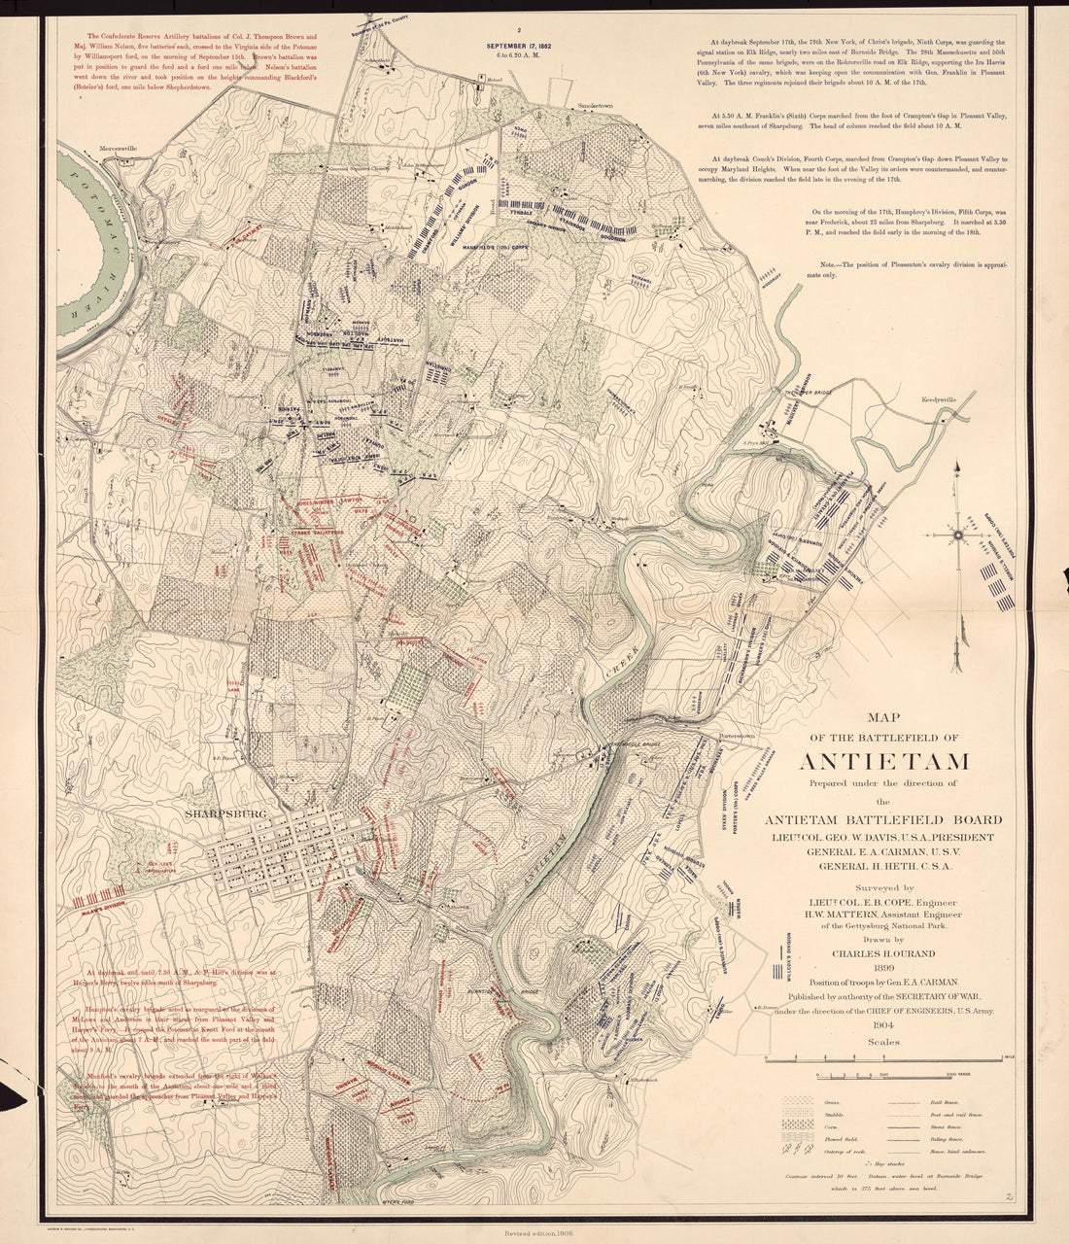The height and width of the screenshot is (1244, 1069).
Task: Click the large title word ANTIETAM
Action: pyautogui.click(x=884, y=760)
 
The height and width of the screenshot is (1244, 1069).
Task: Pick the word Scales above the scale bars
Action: pyautogui.click(x=884, y=1042)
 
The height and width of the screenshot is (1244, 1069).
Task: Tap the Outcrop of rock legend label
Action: pyautogui.click(x=842, y=1149)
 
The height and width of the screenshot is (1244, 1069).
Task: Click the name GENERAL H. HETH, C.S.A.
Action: pyautogui.click(x=883, y=865)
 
